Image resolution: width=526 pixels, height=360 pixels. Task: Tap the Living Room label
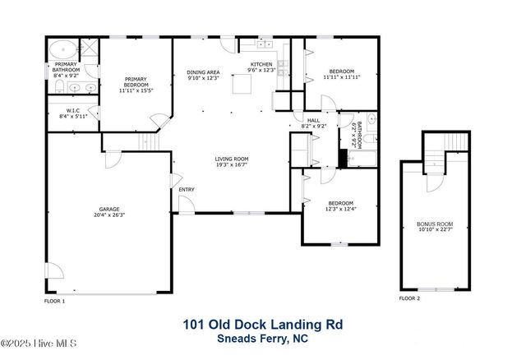[232, 162]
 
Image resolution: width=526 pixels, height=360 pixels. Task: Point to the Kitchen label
[261, 67]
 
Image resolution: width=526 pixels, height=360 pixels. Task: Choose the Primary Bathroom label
[66, 69]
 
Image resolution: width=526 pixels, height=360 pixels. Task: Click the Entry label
[187, 191]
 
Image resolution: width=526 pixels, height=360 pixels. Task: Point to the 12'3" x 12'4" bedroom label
[340, 205]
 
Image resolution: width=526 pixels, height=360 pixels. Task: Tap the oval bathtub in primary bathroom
[59, 47]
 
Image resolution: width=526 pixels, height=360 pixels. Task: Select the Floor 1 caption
[54, 301]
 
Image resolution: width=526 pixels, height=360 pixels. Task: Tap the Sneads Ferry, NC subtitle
[262, 338]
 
